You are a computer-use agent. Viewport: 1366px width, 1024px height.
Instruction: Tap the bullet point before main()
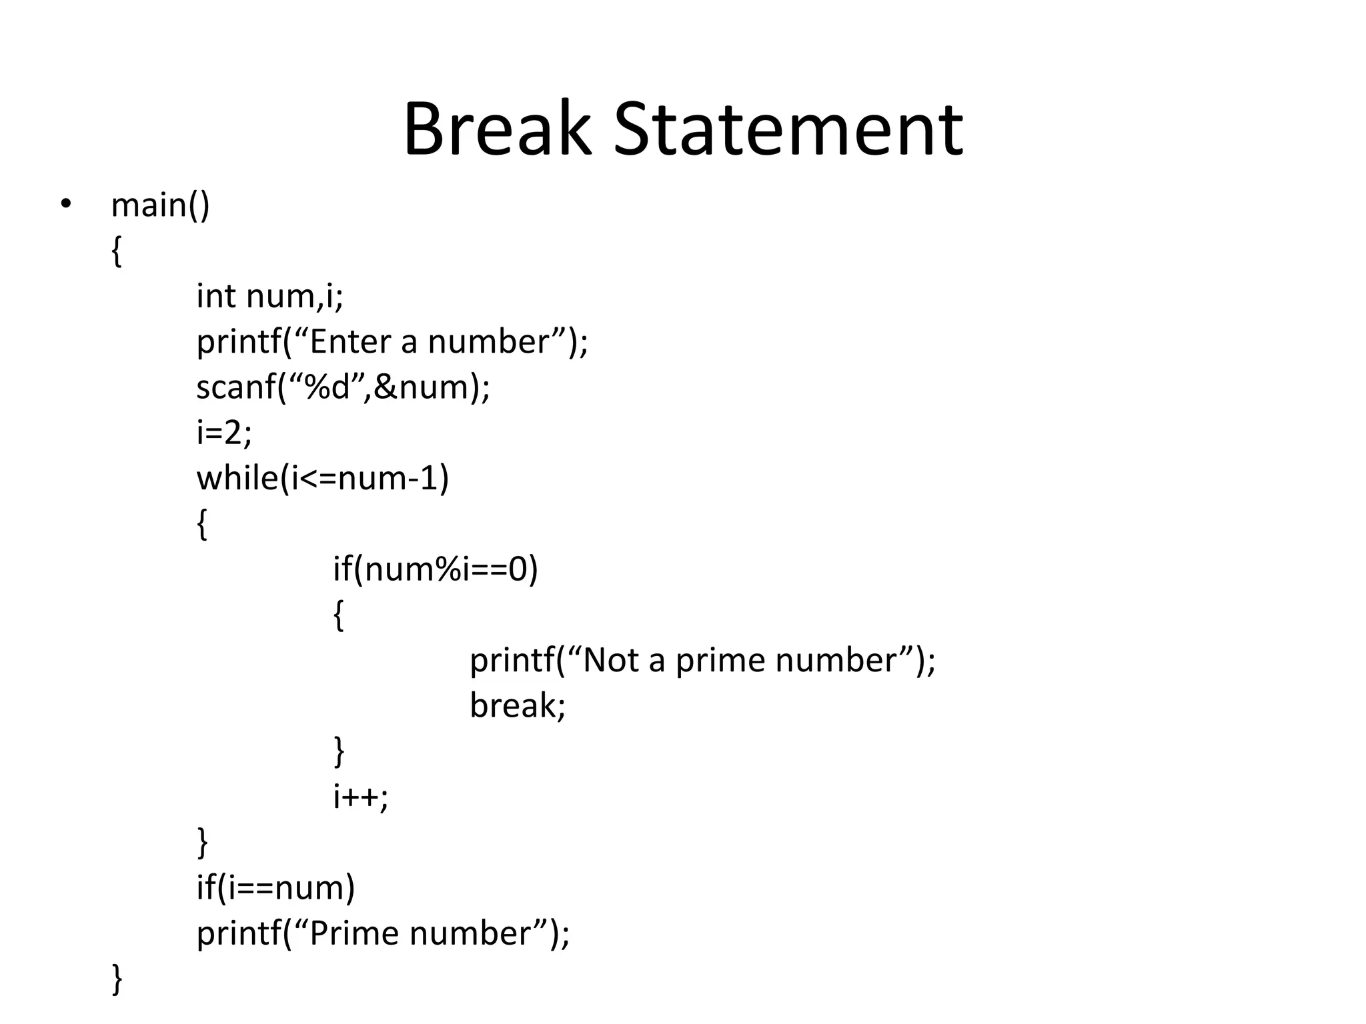(x=65, y=204)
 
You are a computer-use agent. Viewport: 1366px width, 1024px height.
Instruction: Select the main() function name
(x=160, y=205)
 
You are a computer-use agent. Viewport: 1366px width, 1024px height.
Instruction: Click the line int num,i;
(x=269, y=296)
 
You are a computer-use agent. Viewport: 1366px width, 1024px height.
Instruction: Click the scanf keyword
(x=237, y=387)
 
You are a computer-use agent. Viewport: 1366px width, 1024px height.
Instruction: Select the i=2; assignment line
(x=224, y=433)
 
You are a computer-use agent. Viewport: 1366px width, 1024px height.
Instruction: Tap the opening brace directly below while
(x=202, y=525)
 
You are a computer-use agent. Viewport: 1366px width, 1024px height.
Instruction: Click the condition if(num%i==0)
(x=435, y=569)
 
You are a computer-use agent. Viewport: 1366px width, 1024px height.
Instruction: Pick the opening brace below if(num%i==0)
(x=339, y=615)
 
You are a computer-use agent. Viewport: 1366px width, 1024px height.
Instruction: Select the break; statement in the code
(x=518, y=705)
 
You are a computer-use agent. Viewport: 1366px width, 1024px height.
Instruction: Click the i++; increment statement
(x=360, y=796)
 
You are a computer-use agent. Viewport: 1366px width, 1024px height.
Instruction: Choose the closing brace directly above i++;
(x=339, y=751)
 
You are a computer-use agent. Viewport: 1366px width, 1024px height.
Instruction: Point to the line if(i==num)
(x=275, y=887)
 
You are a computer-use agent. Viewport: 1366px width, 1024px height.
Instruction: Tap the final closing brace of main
(x=117, y=979)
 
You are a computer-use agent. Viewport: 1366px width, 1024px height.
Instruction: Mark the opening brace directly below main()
(x=117, y=251)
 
